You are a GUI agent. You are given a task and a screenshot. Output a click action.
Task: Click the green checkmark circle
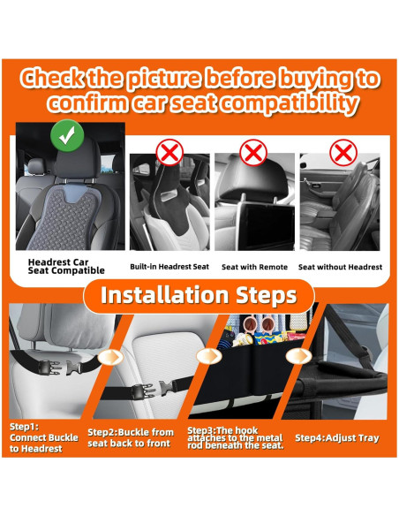[x=67, y=135]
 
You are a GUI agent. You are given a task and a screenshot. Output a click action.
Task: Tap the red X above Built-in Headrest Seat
[x=169, y=153]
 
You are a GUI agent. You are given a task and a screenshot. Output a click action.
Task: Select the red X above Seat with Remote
[x=253, y=153]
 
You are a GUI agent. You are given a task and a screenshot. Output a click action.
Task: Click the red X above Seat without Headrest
[x=343, y=153]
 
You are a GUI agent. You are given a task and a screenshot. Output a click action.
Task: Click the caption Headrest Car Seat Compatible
[x=66, y=266]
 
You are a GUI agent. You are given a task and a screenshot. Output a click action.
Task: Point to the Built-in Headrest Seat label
[x=169, y=267]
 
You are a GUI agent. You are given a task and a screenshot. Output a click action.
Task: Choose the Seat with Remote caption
[x=254, y=267]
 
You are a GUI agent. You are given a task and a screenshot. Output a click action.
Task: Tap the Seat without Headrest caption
[x=340, y=267]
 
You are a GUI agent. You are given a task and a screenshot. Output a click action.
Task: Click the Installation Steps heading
[x=199, y=295]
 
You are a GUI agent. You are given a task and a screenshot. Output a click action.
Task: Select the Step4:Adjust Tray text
[x=337, y=438]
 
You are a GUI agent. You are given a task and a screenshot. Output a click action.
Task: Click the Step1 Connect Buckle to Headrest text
[x=44, y=437]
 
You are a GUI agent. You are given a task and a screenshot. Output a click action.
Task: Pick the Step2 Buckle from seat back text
[x=131, y=437]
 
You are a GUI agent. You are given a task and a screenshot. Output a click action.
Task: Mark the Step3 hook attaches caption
[x=236, y=437]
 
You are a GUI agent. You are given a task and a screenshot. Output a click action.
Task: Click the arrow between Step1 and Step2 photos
[x=110, y=357]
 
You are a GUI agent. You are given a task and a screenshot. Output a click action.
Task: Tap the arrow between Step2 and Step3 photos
[x=208, y=356]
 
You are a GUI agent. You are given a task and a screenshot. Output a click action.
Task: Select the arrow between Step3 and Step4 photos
[x=298, y=356]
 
